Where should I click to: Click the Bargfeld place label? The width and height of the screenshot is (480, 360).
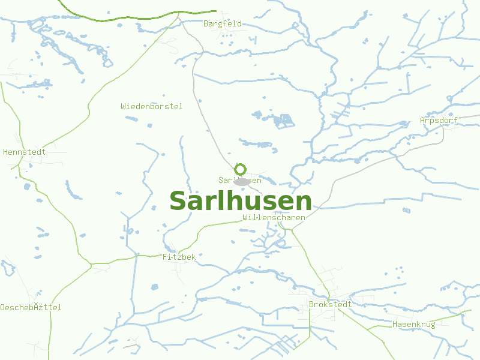(223, 24)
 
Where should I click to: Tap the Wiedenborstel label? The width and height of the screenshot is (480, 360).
(151, 106)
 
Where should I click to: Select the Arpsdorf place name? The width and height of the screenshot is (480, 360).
(439, 121)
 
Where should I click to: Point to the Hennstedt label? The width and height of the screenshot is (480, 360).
(25, 152)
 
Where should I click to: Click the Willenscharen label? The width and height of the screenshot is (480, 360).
(274, 217)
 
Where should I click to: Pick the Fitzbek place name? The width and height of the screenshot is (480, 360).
(179, 257)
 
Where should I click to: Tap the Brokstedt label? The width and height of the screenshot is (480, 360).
(330, 304)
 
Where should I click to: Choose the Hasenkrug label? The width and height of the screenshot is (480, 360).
(413, 324)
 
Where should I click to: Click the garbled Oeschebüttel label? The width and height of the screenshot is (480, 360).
(31, 307)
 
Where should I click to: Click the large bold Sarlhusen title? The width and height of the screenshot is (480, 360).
(241, 200)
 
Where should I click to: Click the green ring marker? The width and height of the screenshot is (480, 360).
(241, 169)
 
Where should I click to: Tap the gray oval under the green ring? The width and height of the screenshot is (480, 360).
(242, 181)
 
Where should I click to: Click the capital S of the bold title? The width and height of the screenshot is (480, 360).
(178, 200)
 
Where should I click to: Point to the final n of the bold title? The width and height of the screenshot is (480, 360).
(304, 202)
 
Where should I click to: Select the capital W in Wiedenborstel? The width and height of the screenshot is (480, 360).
(123, 106)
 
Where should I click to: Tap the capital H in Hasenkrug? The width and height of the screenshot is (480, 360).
(395, 324)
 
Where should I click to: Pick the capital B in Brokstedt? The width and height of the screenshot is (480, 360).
(311, 304)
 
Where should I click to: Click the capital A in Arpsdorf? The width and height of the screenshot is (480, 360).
(422, 121)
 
